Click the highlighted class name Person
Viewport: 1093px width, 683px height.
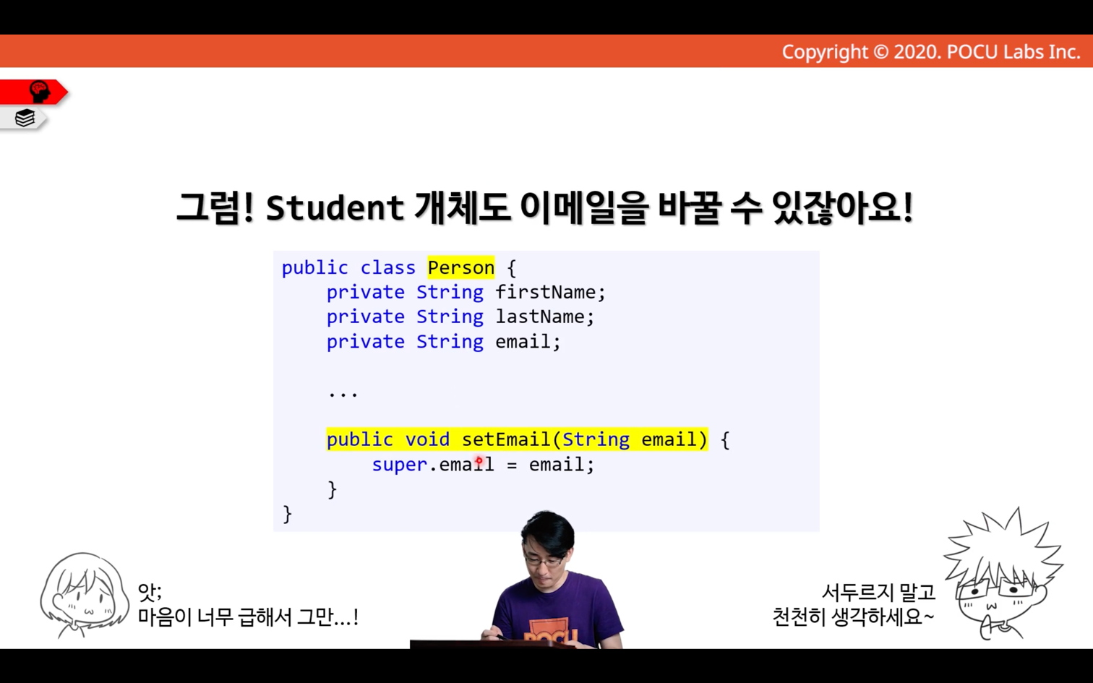tap(461, 267)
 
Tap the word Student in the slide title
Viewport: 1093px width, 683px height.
tap(335, 208)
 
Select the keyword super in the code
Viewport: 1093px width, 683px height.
tap(400, 465)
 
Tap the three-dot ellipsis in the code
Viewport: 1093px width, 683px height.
tap(343, 394)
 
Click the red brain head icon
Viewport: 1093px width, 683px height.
tap(40, 92)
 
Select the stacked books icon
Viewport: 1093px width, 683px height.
tap(25, 118)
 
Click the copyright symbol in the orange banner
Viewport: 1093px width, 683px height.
tap(880, 52)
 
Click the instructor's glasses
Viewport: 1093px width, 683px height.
tap(546, 561)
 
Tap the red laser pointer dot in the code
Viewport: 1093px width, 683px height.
tap(479, 460)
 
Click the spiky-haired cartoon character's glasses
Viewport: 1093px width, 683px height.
tap(995, 590)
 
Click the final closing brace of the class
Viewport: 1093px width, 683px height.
tap(288, 515)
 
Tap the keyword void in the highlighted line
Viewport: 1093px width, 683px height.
tap(427, 439)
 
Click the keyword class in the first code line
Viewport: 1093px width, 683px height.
tap(388, 268)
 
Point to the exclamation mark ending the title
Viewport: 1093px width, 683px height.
tap(907, 207)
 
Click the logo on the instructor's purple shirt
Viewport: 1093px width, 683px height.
tap(550, 630)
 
